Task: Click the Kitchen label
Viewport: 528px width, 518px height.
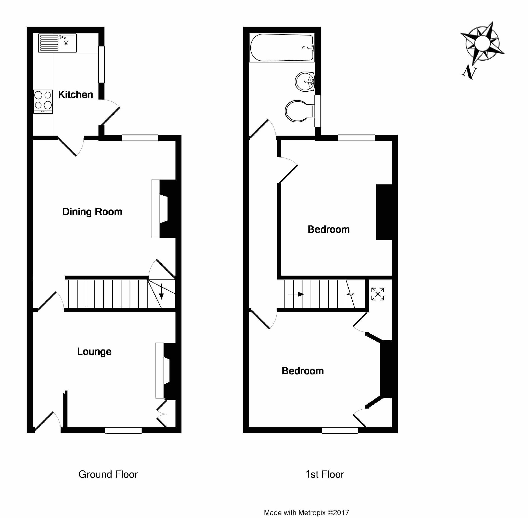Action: click(x=76, y=95)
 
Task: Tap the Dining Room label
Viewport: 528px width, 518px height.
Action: click(x=92, y=212)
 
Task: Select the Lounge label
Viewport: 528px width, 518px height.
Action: click(x=94, y=352)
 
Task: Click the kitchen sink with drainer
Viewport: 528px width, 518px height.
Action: click(x=57, y=43)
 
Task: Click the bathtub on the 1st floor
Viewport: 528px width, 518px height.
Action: click(x=282, y=48)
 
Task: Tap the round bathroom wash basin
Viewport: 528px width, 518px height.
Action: click(x=305, y=81)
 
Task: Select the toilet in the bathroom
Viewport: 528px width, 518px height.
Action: click(x=298, y=111)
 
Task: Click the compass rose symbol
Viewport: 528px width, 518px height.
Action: click(x=482, y=43)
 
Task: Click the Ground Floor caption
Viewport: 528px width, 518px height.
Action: click(x=108, y=474)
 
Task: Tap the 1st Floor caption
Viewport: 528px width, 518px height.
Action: click(x=325, y=474)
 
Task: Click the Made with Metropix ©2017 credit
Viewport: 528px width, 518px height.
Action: click(x=306, y=513)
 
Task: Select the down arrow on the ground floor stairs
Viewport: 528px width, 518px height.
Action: click(x=161, y=292)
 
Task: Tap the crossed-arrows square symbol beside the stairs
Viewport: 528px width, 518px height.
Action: click(x=378, y=294)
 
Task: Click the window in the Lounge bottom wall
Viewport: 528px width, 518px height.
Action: click(x=123, y=430)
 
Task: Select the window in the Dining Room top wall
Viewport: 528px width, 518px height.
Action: click(x=140, y=138)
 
